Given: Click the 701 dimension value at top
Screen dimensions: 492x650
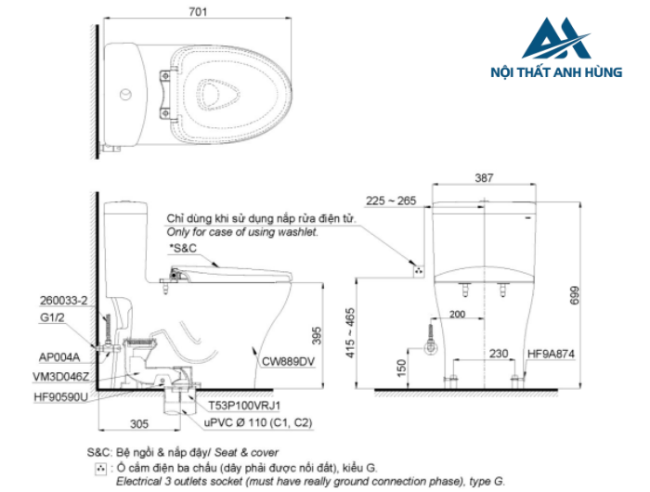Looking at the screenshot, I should click(x=197, y=13).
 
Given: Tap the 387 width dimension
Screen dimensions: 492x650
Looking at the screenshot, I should click(x=482, y=177).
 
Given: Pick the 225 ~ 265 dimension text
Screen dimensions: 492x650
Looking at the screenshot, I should click(x=391, y=200).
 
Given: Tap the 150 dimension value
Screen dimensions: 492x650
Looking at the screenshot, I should click(x=400, y=369).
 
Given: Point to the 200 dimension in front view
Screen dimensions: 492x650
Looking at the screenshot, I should click(x=456, y=316).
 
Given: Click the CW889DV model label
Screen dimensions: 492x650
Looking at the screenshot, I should click(x=286, y=361).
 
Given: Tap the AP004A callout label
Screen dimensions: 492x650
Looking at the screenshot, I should click(x=59, y=356).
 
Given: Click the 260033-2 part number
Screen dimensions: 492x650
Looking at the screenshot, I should click(x=64, y=301).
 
